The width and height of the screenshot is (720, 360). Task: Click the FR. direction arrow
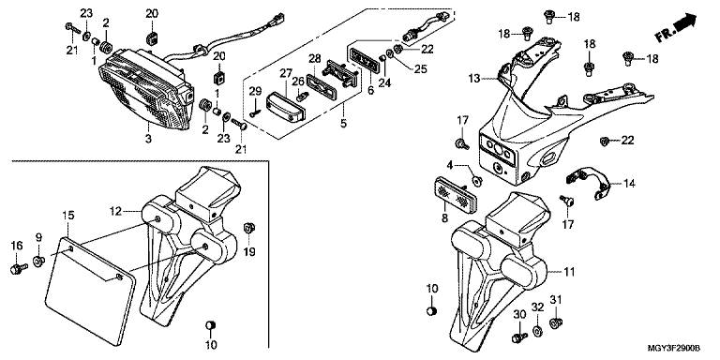676,28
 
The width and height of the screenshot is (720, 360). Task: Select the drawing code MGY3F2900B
675,349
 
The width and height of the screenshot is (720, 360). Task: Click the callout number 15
67,216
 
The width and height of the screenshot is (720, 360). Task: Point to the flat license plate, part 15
90,291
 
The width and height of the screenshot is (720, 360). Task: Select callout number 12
114,211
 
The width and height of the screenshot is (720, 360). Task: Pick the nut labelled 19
249,228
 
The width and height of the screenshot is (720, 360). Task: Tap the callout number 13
473,79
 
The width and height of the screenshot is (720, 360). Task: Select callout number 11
569,272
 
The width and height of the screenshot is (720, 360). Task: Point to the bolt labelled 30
518,337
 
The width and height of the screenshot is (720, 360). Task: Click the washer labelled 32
537,331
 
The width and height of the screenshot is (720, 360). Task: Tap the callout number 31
556,299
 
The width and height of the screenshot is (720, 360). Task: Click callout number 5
343,123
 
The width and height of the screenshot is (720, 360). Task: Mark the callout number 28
315,58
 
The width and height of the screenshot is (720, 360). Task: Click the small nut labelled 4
477,181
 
